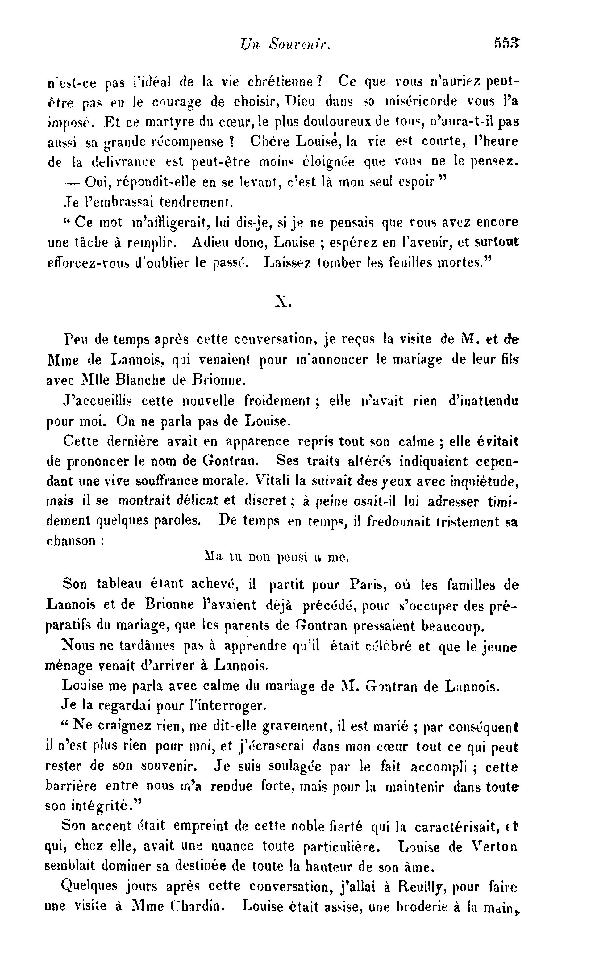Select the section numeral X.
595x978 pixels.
tap(283, 303)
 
